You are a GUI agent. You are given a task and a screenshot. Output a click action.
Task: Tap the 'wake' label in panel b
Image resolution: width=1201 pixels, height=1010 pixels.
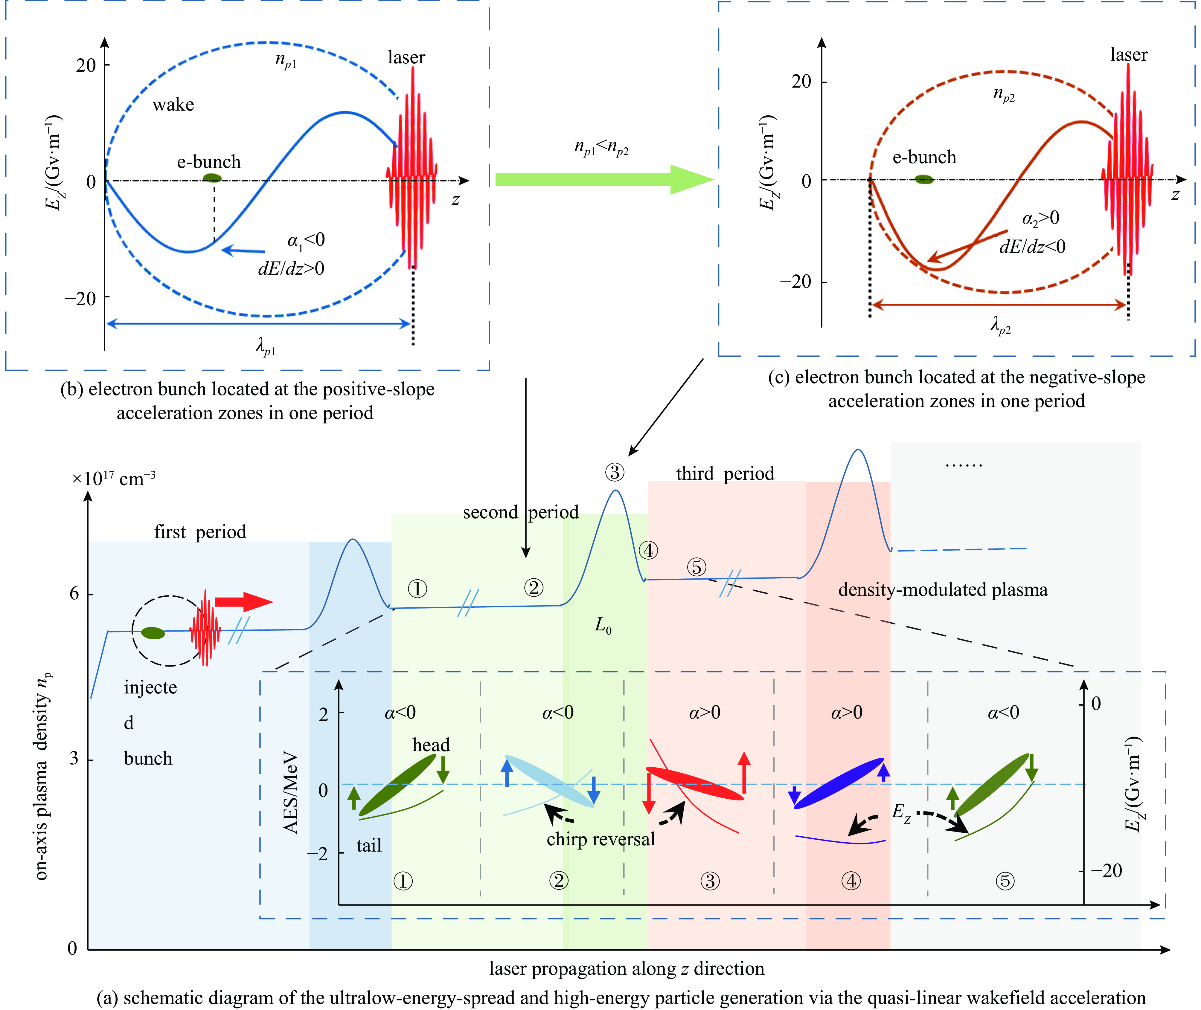click(x=173, y=105)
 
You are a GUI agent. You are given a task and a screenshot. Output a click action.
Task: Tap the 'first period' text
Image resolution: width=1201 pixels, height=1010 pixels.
click(x=200, y=532)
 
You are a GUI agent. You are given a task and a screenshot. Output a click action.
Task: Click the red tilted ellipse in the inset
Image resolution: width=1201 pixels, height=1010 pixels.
click(x=694, y=783)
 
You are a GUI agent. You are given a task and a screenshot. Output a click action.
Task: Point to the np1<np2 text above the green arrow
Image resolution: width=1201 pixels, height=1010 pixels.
click(x=601, y=148)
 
